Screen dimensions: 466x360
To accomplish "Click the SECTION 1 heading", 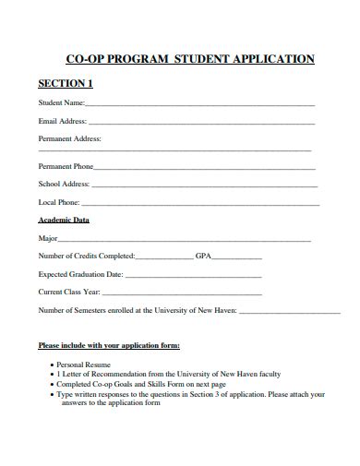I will [65, 84].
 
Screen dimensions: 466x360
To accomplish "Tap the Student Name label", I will [61, 103].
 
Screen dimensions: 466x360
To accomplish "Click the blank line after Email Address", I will [201, 122].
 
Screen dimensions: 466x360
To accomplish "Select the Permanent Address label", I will [69, 138].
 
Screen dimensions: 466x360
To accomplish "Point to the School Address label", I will [62, 184].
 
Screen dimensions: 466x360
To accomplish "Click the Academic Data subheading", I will [64, 221].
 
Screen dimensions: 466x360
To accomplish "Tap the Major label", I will [48, 238].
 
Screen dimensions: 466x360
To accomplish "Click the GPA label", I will [204, 256].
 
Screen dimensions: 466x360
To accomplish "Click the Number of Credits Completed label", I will [86, 256].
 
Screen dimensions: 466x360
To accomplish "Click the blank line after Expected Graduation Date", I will [193, 275].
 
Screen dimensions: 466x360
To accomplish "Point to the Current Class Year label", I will [68, 292].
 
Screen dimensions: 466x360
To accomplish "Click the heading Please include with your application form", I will [109, 346].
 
